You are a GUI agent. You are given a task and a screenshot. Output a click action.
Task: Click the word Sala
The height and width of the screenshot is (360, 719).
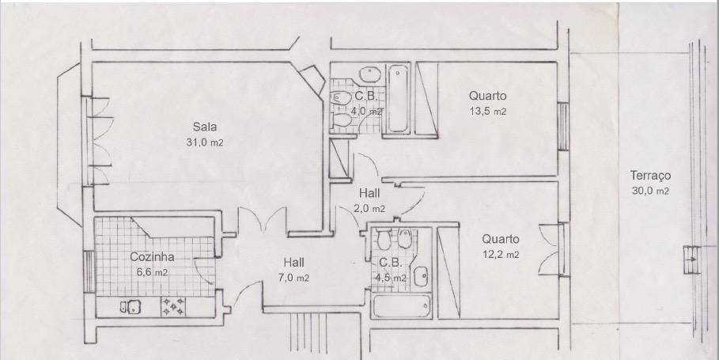(x=205, y=127)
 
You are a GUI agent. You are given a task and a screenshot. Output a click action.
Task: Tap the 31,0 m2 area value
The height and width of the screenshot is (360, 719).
(x=205, y=142)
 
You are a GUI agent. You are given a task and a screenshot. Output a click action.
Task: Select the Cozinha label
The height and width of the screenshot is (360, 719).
(x=152, y=257)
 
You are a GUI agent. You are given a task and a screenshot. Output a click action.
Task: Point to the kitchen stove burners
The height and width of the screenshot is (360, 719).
(x=173, y=306)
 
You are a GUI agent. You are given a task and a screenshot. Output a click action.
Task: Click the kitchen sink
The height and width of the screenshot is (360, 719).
(x=131, y=306)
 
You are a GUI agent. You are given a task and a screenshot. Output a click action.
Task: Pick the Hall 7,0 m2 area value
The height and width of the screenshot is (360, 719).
(x=294, y=278)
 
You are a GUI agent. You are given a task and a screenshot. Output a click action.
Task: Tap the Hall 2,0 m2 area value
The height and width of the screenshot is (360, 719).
(x=369, y=209)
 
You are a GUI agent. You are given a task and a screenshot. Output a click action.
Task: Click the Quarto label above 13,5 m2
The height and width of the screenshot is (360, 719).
(x=488, y=96)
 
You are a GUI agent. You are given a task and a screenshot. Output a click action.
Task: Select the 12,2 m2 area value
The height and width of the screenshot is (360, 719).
(x=500, y=255)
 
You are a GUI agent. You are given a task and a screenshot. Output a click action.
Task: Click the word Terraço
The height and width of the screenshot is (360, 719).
(x=650, y=176)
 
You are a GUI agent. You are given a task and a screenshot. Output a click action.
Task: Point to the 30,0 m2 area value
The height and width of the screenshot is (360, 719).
(x=650, y=191)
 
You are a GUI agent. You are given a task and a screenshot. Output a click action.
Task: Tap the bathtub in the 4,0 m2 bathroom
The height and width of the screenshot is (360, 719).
(x=398, y=99)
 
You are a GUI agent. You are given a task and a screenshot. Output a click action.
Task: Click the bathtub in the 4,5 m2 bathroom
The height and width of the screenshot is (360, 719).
(x=402, y=306)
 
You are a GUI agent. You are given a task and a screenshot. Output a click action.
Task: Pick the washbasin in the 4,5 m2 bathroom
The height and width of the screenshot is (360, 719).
(x=421, y=277)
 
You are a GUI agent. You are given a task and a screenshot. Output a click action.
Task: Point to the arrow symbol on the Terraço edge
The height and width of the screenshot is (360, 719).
(x=692, y=260)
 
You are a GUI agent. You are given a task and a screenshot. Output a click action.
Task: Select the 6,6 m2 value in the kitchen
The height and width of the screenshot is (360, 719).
(x=152, y=272)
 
